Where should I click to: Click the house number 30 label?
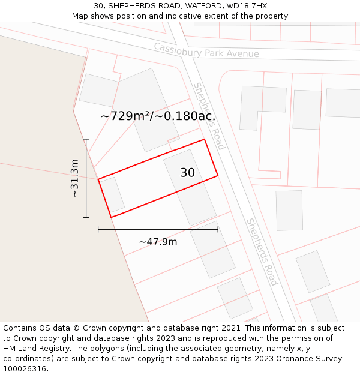(x=187, y=173)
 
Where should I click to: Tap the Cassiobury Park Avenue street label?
(x=206, y=50)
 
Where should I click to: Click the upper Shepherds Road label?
(x=209, y=116)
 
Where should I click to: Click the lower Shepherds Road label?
(x=262, y=251)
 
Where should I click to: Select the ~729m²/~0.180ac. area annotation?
(x=158, y=116)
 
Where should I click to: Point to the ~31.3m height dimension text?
(x=74, y=178)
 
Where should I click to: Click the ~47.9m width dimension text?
(x=158, y=241)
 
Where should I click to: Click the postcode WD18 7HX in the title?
(x=248, y=6)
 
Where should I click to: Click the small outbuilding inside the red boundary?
(x=112, y=194)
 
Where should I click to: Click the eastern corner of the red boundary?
(x=217, y=175)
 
